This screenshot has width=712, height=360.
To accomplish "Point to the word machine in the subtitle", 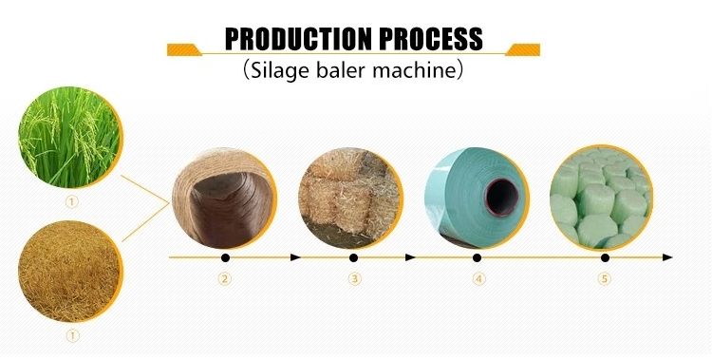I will (415, 70).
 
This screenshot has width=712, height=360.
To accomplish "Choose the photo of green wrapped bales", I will (601, 199).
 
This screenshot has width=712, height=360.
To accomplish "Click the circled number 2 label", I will (225, 279).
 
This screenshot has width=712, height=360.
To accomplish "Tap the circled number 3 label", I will (354, 279).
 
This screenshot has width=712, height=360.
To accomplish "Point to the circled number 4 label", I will (479, 279).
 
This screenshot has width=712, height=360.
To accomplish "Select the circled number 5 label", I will (603, 279).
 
